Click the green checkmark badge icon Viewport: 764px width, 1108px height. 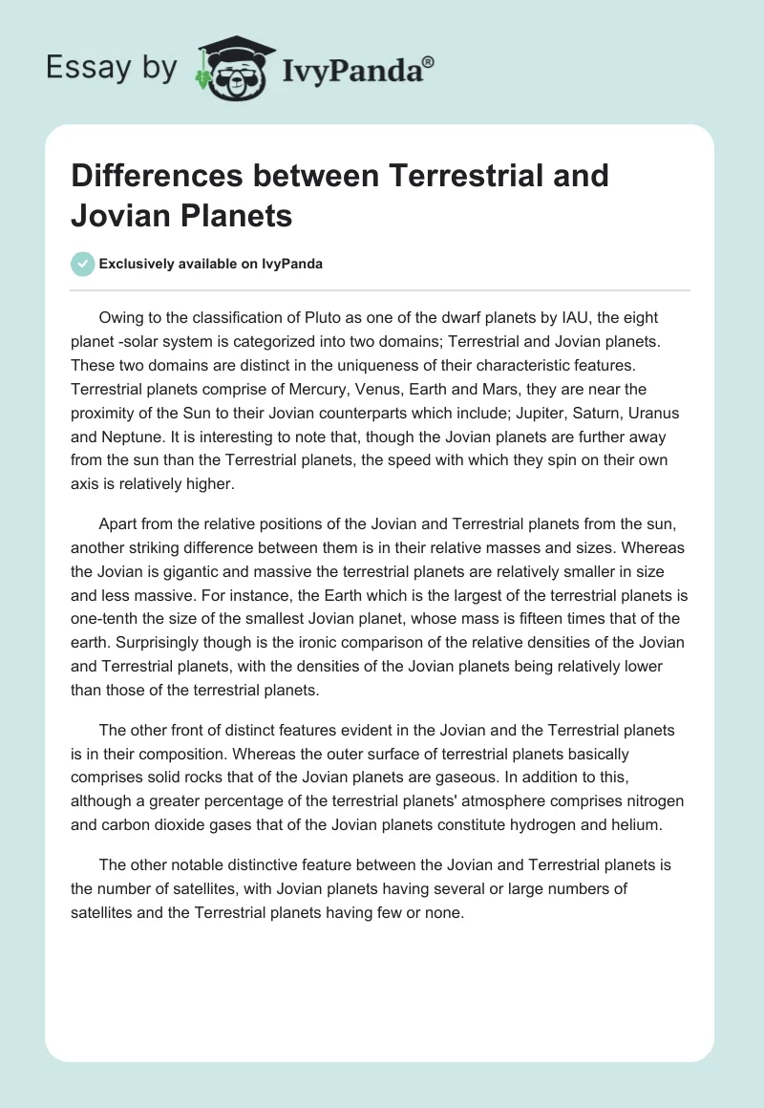point(83,264)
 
